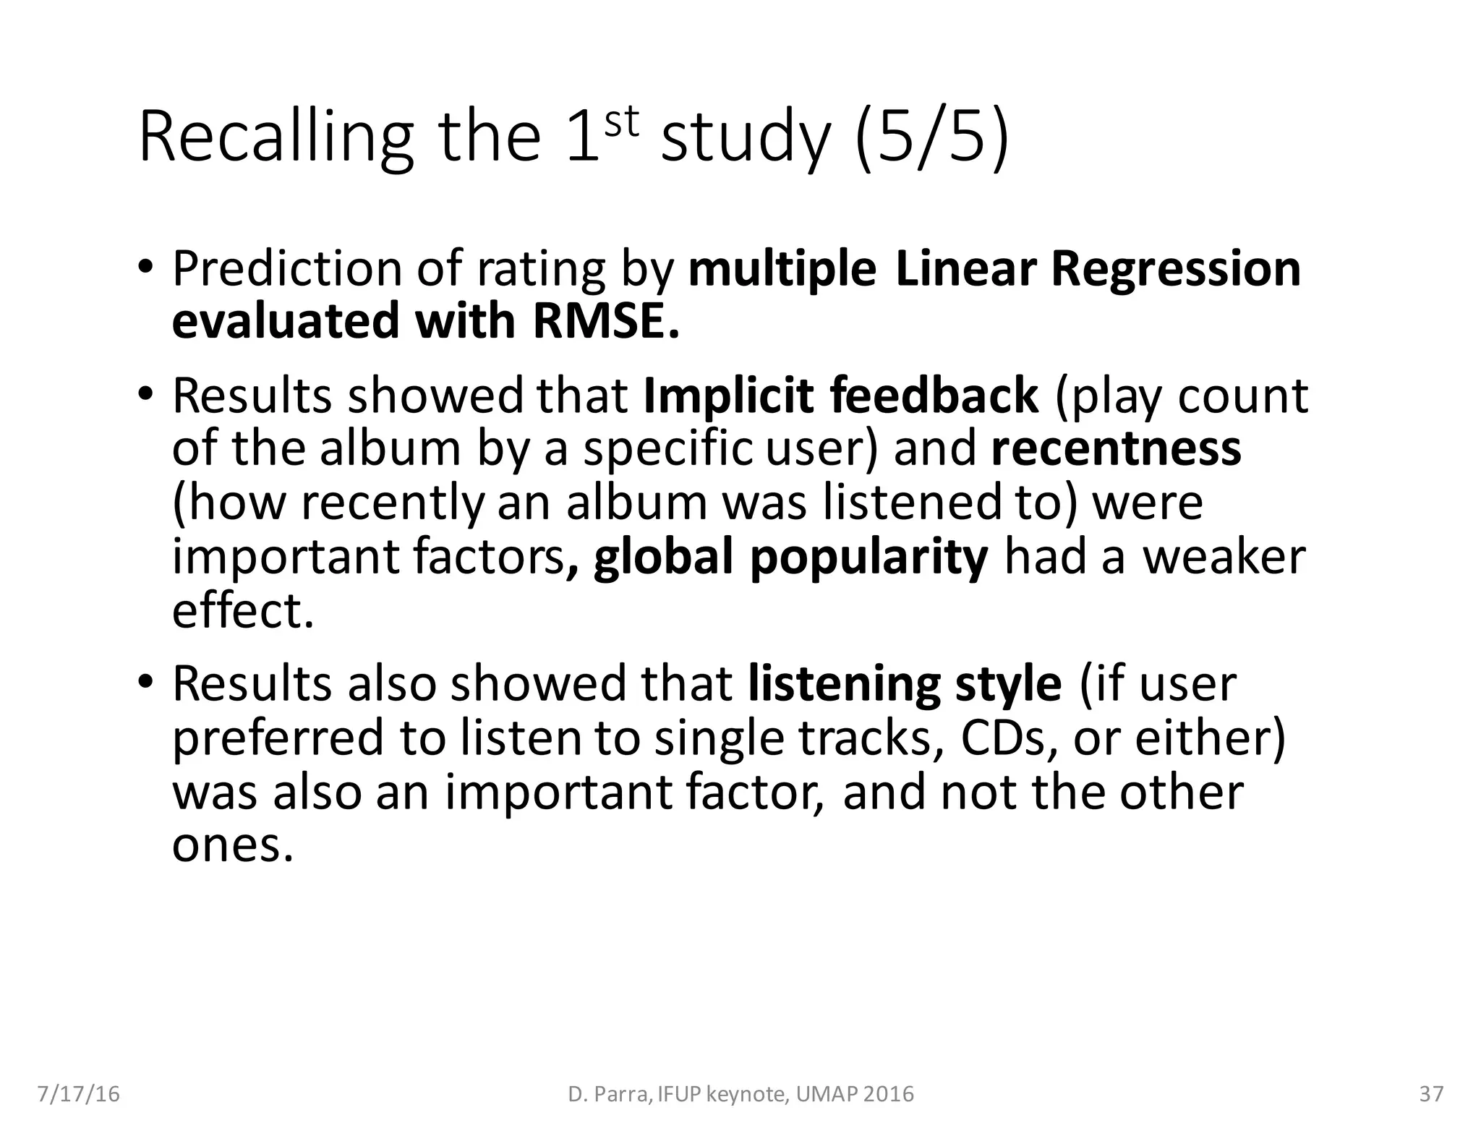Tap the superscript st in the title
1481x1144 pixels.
coord(622,121)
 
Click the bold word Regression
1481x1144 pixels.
coord(1176,269)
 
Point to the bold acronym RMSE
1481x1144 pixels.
coord(606,322)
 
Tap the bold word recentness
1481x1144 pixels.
coord(1116,449)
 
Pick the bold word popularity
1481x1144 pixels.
coord(868,558)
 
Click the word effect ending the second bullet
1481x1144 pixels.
coord(243,611)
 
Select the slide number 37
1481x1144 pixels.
coord(1431,1094)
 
